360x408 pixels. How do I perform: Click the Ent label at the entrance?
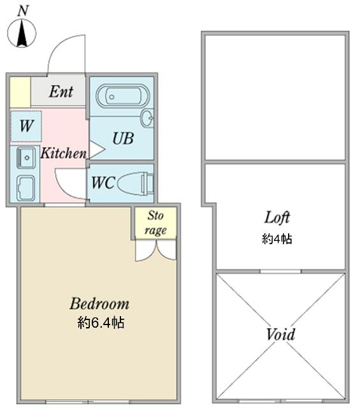(61, 92)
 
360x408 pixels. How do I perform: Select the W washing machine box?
(25, 126)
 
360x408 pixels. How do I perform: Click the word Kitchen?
(64, 154)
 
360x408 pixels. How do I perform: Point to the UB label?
(122, 138)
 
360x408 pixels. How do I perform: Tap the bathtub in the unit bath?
(122, 96)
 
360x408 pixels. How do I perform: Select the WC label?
(103, 182)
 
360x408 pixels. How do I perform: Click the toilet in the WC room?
(136, 182)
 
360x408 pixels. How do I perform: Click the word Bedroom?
(99, 303)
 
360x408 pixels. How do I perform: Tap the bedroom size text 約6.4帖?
(101, 323)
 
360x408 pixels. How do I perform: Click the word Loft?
(277, 217)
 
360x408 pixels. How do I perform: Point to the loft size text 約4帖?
(277, 239)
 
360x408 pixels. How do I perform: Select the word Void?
(280, 334)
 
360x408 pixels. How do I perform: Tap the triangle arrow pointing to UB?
(96, 150)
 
